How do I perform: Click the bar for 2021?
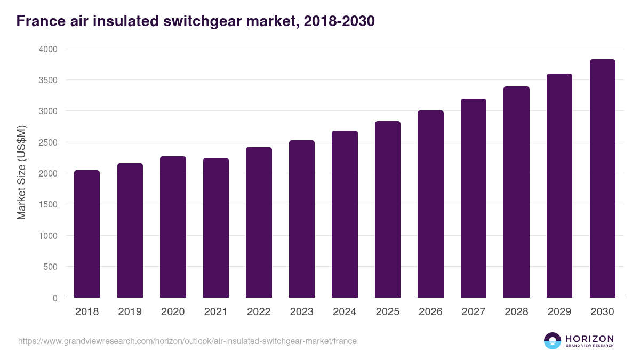click(x=215, y=228)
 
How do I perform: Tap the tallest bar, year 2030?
click(x=602, y=179)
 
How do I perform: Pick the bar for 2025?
click(x=387, y=209)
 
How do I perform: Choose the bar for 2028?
click(x=516, y=192)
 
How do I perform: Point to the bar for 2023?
click(x=301, y=219)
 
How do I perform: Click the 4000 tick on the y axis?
click(x=47, y=49)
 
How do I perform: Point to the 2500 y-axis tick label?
click(x=47, y=142)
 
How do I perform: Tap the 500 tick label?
click(x=50, y=267)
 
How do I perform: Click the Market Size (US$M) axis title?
click(x=21, y=173)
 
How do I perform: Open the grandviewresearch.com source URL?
click(x=187, y=341)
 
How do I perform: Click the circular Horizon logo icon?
click(x=553, y=341)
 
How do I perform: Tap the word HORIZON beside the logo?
click(x=589, y=338)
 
